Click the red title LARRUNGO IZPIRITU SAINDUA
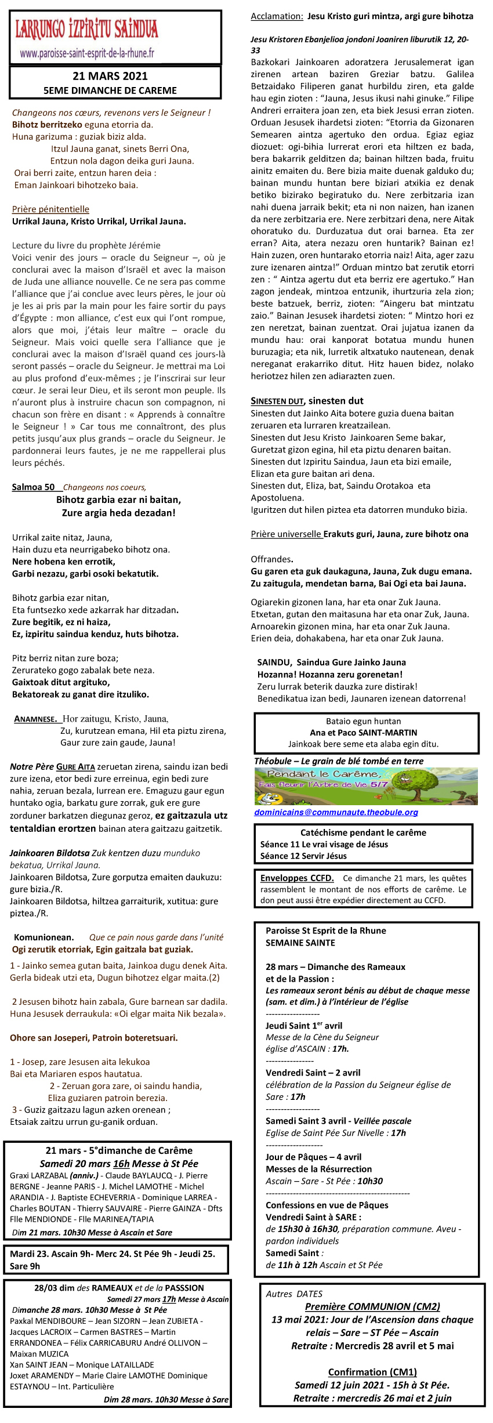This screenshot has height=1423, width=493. pyautogui.click(x=86, y=29)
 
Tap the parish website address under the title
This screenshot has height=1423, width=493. pyautogui.click(x=87, y=53)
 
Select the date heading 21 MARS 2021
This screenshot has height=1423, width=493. pyautogui.click(x=110, y=76)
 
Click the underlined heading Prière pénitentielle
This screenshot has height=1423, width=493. pyautogui.click(x=50, y=209)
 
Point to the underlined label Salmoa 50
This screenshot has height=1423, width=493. pyautogui.click(x=34, y=487)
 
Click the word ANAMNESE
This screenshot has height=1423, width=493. pyautogui.click(x=35, y=719)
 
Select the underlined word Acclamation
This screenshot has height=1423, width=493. pyautogui.click(x=277, y=16)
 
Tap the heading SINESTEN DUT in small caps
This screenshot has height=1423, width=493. pyautogui.click(x=277, y=401)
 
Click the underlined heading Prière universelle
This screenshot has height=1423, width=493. pyautogui.click(x=286, y=534)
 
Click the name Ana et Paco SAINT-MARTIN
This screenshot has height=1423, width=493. pyautogui.click(x=364, y=732)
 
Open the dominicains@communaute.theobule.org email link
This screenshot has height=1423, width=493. pyautogui.click(x=336, y=812)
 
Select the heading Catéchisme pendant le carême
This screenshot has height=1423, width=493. pyautogui.click(x=363, y=832)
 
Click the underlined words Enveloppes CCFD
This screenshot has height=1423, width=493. pyautogui.click(x=297, y=878)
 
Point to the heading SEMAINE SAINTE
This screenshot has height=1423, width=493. pyautogui.click(x=300, y=943)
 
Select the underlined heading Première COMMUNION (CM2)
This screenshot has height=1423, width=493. pyautogui.click(x=372, y=1306)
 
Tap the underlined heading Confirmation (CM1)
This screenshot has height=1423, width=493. pyautogui.click(x=372, y=1372)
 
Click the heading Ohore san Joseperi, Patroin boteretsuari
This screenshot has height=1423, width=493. pyautogui.click(x=94, y=1038)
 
